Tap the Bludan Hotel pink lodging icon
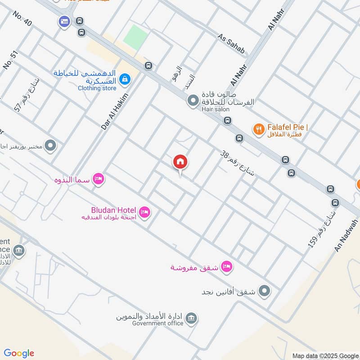[x=144, y=211]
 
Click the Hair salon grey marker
[x=193, y=100]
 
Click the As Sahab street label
[x=232, y=44]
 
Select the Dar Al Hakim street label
[x=115, y=112]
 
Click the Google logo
[x=19, y=353]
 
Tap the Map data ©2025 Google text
[x=325, y=355]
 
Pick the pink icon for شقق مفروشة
[x=227, y=267]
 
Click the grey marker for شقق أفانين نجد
[x=265, y=291]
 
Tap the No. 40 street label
[x=22, y=20]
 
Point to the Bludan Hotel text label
[x=113, y=210]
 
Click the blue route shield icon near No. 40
[x=64, y=21]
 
